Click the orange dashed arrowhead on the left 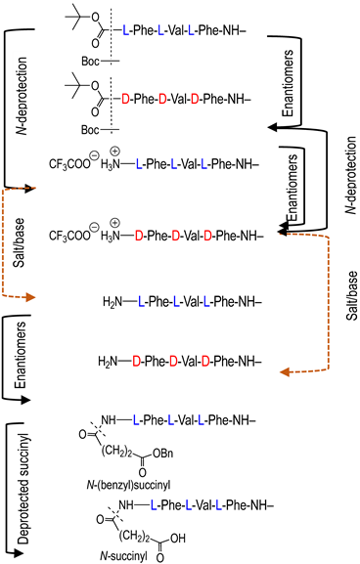31,296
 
